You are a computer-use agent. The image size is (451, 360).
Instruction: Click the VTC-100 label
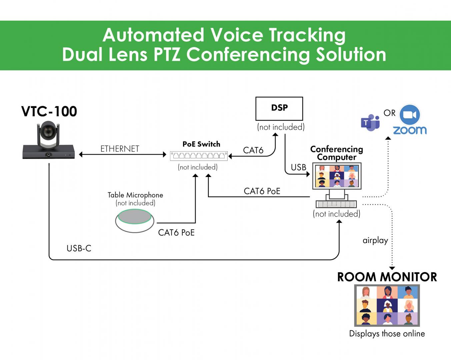[x=49, y=112]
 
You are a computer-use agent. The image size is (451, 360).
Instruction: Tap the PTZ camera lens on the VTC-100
[x=48, y=132]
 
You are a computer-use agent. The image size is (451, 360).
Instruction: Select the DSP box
[x=279, y=108]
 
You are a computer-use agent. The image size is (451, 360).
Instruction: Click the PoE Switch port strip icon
[x=199, y=156]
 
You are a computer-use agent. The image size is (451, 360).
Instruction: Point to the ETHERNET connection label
[x=120, y=149]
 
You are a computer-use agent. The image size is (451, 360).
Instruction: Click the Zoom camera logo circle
[x=410, y=115]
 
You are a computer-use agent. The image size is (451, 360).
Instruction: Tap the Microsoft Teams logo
[x=370, y=123]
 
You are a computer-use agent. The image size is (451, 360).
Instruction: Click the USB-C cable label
[x=79, y=248]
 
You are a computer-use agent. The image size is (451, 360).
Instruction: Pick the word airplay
[x=375, y=240]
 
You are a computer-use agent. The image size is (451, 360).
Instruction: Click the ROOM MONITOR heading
[x=387, y=277]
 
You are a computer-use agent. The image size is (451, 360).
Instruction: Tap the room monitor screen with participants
[x=387, y=305]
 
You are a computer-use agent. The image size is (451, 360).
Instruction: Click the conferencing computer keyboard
[x=336, y=204]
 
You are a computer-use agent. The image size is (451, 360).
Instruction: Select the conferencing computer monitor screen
[x=337, y=176]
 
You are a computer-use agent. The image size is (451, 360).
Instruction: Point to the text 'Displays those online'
[x=387, y=334]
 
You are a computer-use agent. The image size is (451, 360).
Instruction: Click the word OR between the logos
[x=389, y=113]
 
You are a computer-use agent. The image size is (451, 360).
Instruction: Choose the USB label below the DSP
[x=298, y=167]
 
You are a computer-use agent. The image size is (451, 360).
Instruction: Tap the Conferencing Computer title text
[x=336, y=153]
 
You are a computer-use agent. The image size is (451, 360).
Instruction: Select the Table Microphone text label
[x=135, y=195]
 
